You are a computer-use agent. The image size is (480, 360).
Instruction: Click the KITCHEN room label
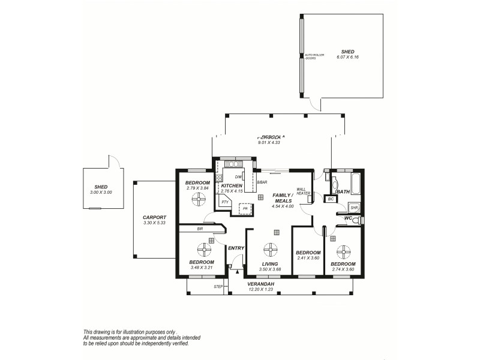232,186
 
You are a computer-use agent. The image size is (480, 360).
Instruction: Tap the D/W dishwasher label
238,177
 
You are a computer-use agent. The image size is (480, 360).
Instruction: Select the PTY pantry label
224,202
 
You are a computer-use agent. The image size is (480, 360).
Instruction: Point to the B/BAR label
262,182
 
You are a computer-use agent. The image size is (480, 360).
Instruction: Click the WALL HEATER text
303,191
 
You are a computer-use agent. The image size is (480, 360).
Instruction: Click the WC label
347,218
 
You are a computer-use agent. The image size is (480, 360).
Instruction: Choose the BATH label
343,191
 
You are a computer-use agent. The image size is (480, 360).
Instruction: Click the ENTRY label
235,248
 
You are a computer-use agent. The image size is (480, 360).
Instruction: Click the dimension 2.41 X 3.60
308,258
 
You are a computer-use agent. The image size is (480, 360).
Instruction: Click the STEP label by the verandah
218,287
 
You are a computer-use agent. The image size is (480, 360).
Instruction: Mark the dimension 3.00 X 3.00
101,192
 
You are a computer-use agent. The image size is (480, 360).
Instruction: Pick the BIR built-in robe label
198,229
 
